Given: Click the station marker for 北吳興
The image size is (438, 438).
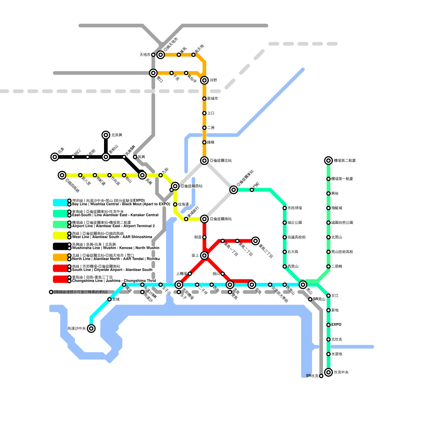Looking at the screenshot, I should click(x=106, y=135).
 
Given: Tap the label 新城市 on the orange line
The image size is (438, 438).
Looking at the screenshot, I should click(x=212, y=99).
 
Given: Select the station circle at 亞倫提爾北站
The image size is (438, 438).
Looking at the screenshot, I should click(x=204, y=160).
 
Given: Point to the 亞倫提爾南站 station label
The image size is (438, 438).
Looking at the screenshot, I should click(x=221, y=219).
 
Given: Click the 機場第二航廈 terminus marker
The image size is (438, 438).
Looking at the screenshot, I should click(x=328, y=160).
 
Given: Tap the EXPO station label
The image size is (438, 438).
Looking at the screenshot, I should click(x=336, y=325).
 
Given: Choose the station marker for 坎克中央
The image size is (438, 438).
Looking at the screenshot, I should click(x=328, y=372).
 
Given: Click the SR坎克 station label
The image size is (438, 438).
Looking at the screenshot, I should click(x=312, y=376).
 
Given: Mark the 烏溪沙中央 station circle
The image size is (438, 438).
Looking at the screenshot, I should click(x=91, y=328).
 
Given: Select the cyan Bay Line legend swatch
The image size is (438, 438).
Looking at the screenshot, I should click(x=60, y=203).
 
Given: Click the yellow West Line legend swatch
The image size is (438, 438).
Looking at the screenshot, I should click(x=60, y=235).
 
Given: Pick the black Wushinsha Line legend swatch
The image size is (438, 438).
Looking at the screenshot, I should click(x=60, y=246).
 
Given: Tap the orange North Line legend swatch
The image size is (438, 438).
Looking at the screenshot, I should click(x=60, y=257).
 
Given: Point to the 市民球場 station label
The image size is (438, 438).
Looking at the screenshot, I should click(x=295, y=208).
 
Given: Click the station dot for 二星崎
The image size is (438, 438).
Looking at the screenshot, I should click(x=328, y=266).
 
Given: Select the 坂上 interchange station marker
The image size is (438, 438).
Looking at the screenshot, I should click(x=204, y=255).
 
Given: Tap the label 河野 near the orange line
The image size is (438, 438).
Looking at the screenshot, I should click(x=213, y=80).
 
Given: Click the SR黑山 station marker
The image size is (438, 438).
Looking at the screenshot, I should click(x=310, y=299).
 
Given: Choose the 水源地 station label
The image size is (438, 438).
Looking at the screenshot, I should click(x=336, y=354).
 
